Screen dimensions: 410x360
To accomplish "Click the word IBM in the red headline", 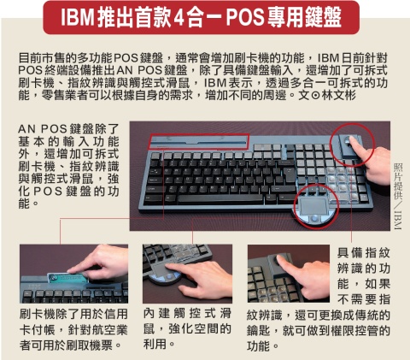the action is (x=78, y=17).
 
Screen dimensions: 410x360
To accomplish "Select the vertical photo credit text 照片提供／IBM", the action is (x=397, y=196).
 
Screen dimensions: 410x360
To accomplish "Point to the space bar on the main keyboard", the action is (x=220, y=198).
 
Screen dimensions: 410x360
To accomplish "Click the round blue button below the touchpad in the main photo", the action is (x=314, y=218).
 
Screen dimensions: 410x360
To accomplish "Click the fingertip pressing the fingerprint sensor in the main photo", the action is (x=352, y=140).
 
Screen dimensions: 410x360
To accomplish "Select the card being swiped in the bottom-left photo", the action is (x=67, y=277).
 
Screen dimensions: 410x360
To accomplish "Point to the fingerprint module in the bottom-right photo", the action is (x=283, y=263).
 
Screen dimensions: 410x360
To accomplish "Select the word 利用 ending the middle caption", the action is (x=155, y=344).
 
